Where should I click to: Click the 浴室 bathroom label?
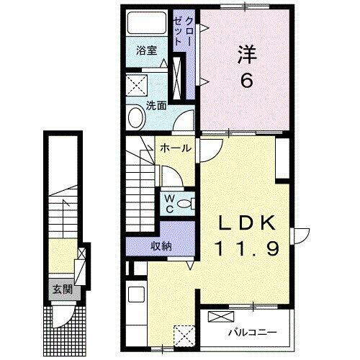point(148,50)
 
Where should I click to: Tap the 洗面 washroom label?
point(157,104)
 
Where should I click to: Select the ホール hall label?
point(176,149)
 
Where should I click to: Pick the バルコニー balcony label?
point(253,333)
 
